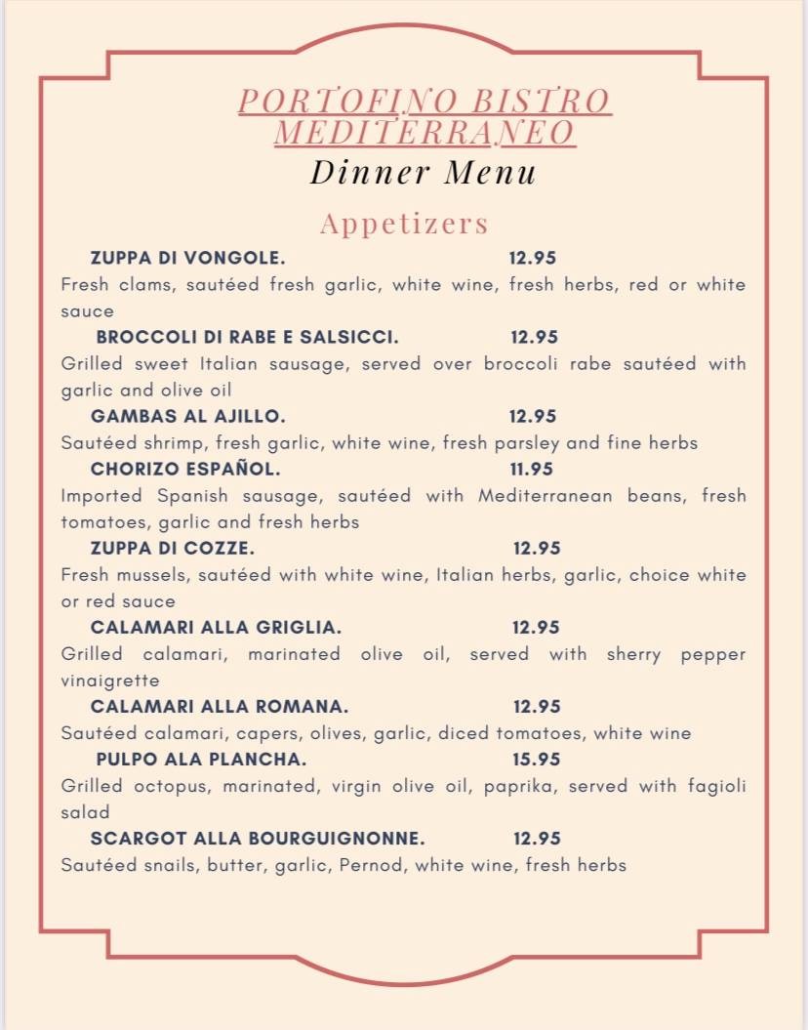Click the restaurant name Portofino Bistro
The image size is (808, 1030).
click(424, 101)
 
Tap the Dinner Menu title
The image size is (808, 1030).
click(424, 173)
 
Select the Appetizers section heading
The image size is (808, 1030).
click(404, 224)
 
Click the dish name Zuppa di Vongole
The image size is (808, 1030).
click(187, 258)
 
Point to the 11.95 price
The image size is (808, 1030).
click(532, 469)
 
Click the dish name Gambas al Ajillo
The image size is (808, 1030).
click(187, 416)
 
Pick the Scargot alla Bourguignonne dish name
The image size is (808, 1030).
click(258, 838)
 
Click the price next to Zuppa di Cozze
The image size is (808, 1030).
click(537, 548)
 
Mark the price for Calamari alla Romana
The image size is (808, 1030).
click(537, 706)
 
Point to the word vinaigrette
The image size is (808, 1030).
click(109, 680)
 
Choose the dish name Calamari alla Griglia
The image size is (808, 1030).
click(216, 627)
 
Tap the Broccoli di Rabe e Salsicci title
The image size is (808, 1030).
click(247, 337)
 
